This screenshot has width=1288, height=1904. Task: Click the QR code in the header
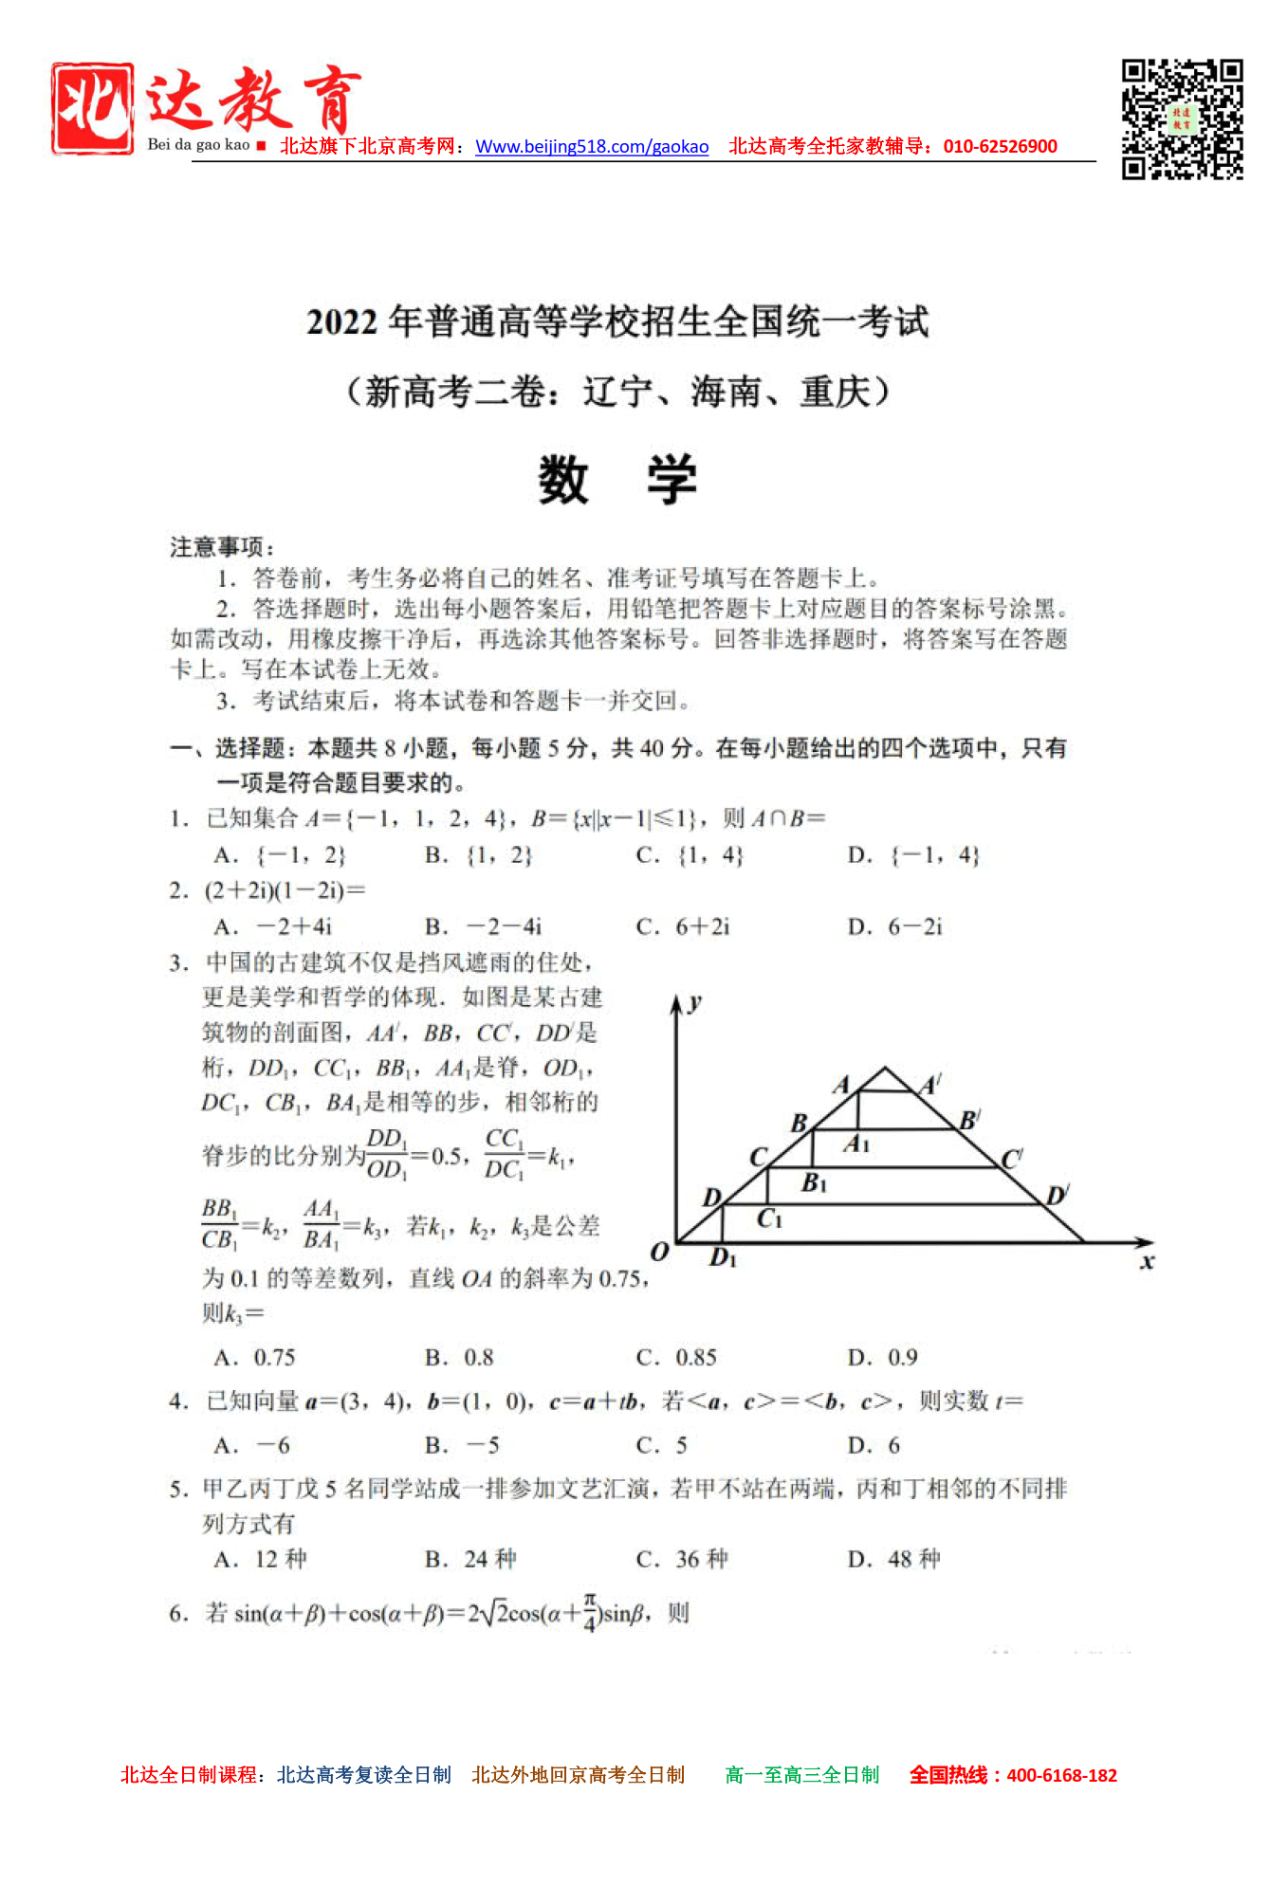click(x=1182, y=119)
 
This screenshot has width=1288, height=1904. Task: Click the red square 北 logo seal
click(x=92, y=108)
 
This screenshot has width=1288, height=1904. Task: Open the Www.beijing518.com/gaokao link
click(x=592, y=147)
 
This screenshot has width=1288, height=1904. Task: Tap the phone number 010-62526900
click(x=1000, y=147)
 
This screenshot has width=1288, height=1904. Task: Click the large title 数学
click(x=617, y=480)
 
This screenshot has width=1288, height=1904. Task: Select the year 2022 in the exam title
click(x=341, y=322)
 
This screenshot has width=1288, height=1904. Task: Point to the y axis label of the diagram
click(x=696, y=1002)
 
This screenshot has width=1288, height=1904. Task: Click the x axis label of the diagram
click(x=1148, y=1261)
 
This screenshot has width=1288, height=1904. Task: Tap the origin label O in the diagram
click(x=660, y=1252)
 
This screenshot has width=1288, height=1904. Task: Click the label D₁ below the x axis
click(x=723, y=1258)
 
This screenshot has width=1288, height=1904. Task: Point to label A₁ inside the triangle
click(x=856, y=1144)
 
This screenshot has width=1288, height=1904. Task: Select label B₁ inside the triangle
click(x=814, y=1182)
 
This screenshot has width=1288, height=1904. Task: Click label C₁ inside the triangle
click(x=769, y=1218)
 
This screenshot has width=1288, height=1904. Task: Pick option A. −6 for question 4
click(x=252, y=1446)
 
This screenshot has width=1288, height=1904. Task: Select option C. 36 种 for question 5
click(x=682, y=1560)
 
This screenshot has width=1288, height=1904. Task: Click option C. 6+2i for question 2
click(x=683, y=926)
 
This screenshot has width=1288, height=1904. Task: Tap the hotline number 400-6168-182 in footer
click(x=1061, y=1776)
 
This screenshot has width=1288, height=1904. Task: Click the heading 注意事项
click(x=222, y=547)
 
